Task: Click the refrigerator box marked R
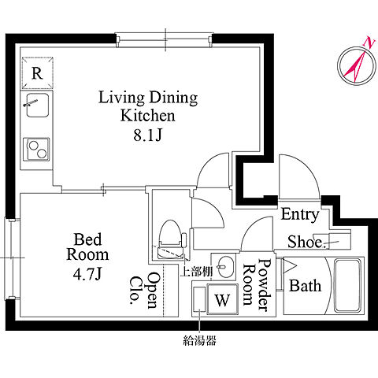tap(37, 72)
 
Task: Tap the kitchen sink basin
tap(37, 106)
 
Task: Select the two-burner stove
tap(36, 150)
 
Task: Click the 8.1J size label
tap(147, 135)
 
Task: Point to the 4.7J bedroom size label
tap(87, 274)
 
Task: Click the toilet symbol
tap(171, 239)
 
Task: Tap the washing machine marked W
tap(223, 299)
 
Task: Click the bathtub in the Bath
tap(347, 285)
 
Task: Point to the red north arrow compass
tap(356, 65)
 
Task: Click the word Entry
tap(300, 215)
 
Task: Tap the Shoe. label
tap(306, 242)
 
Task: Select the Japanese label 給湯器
tap(199, 340)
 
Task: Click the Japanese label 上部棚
tap(196, 272)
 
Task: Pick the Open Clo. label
tap(144, 290)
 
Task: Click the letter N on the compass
tap(370, 43)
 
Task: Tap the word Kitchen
tap(147, 116)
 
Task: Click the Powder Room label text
tap(257, 285)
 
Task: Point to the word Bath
tap(306, 286)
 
